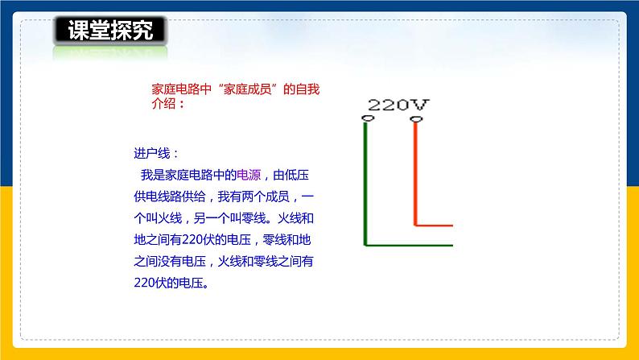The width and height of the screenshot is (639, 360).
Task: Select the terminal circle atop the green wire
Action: click(x=367, y=121)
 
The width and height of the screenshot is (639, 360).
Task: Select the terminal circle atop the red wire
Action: click(x=415, y=121)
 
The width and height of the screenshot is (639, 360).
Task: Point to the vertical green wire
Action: click(x=367, y=185)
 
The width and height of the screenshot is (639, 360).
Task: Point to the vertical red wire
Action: click(x=415, y=173)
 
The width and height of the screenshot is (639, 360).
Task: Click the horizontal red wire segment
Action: click(x=435, y=224)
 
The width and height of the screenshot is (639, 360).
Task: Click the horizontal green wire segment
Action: click(x=410, y=244)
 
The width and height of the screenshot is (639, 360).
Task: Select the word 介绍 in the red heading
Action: click(x=165, y=105)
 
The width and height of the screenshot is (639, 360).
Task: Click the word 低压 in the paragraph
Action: click(x=309, y=174)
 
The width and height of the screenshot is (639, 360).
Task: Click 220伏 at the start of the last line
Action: click(x=146, y=283)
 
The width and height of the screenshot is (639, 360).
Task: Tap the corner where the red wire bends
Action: click(x=415, y=224)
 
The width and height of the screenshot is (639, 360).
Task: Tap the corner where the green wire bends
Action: click(x=367, y=244)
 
